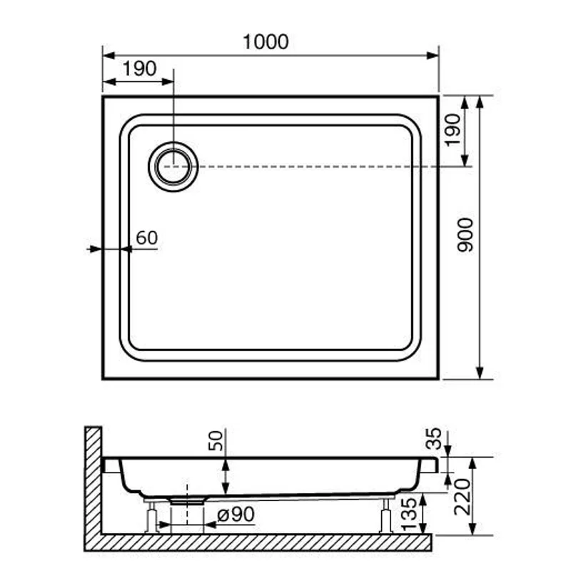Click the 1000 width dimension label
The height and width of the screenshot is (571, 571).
tap(266, 42)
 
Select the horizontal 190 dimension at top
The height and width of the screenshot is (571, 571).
tap(139, 69)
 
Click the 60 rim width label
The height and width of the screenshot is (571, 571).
tap(146, 238)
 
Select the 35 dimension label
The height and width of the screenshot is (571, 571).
tap(433, 439)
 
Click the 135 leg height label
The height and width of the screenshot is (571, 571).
tap(409, 512)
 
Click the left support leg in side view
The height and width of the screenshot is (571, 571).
tap(151, 517)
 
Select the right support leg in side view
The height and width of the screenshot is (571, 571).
tap(385, 515)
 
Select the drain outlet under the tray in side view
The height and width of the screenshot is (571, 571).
tap(187, 502)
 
